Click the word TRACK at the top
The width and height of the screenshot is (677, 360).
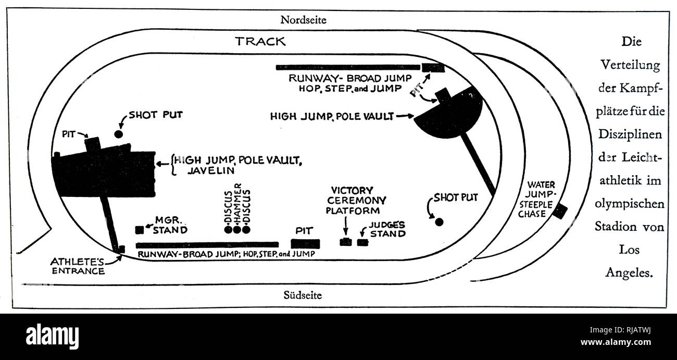pos(260,42)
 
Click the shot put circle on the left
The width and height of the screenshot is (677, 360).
pos(119,134)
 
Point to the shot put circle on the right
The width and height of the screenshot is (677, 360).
pos(439,222)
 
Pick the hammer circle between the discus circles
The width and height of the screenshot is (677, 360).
pos(237,229)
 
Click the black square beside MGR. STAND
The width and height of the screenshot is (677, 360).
pos(139,230)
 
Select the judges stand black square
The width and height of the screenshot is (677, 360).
pos(362,242)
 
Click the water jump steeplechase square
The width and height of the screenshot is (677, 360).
pos(560,212)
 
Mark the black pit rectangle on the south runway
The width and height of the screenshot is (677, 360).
pos(305,244)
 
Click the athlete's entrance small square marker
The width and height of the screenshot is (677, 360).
pos(121,249)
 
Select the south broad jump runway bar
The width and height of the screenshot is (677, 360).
pos(207,244)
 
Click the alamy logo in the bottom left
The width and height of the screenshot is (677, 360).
pos(55,333)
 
